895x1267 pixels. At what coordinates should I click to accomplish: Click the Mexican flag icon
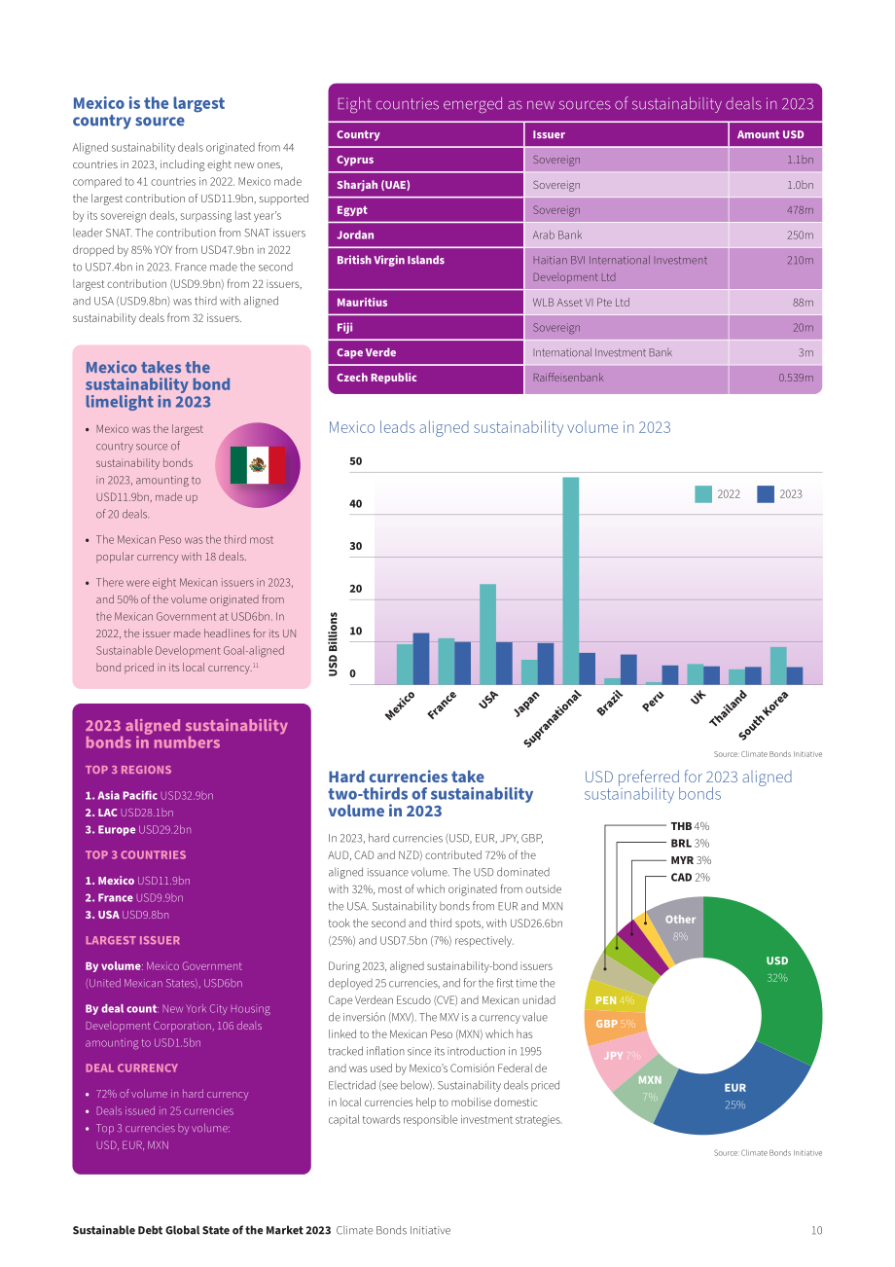(x=257, y=465)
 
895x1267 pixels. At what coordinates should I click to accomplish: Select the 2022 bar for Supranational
(x=570, y=581)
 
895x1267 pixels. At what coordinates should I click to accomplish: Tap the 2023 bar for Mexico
(x=421, y=659)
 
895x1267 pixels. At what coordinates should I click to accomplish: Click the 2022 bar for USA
(x=487, y=634)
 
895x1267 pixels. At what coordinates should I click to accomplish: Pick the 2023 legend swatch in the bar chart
(x=766, y=494)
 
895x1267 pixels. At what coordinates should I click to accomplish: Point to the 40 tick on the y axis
(x=356, y=503)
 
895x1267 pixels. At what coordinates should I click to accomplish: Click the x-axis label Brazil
(x=610, y=703)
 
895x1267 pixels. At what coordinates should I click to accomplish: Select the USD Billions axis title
(x=333, y=643)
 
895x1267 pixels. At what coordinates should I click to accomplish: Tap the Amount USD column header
(x=770, y=134)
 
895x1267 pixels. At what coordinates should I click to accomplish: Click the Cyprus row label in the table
(x=355, y=160)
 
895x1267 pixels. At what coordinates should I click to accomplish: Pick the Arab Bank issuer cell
(x=556, y=235)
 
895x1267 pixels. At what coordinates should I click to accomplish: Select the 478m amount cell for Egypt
(x=800, y=210)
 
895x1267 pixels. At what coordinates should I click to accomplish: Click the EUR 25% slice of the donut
(x=734, y=1095)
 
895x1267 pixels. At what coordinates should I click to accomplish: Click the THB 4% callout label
(x=690, y=826)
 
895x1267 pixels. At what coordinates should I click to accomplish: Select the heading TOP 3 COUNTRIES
(x=135, y=854)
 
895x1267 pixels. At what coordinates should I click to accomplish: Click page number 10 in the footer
(x=816, y=1230)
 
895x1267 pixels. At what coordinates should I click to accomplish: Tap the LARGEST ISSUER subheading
(x=132, y=940)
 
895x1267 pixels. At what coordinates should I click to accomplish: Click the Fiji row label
(x=344, y=328)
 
